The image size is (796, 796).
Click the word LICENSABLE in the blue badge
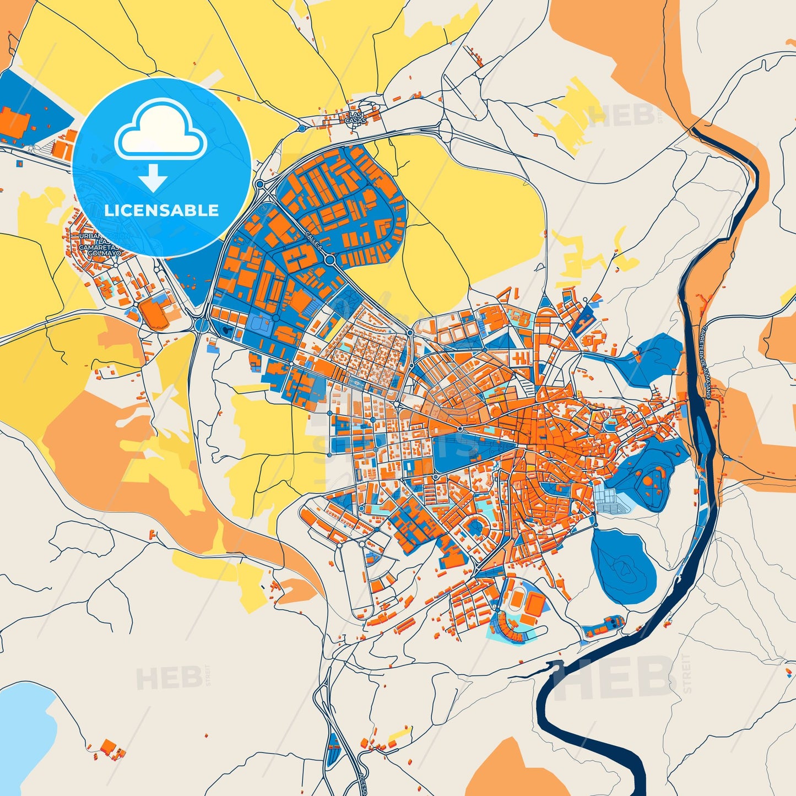click(161, 210)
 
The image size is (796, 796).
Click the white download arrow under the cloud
click(153, 177)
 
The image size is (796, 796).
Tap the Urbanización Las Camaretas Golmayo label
click(99, 245)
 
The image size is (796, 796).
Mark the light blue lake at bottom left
click(25, 722)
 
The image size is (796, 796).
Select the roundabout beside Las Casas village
click(302, 128)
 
